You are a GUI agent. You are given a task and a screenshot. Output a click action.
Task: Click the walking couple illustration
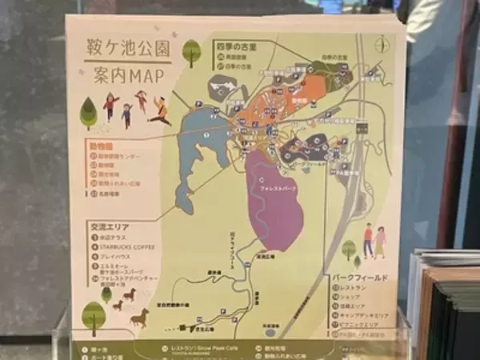(374, 239)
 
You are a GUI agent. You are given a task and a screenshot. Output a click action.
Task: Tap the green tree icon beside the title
(191, 52)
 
